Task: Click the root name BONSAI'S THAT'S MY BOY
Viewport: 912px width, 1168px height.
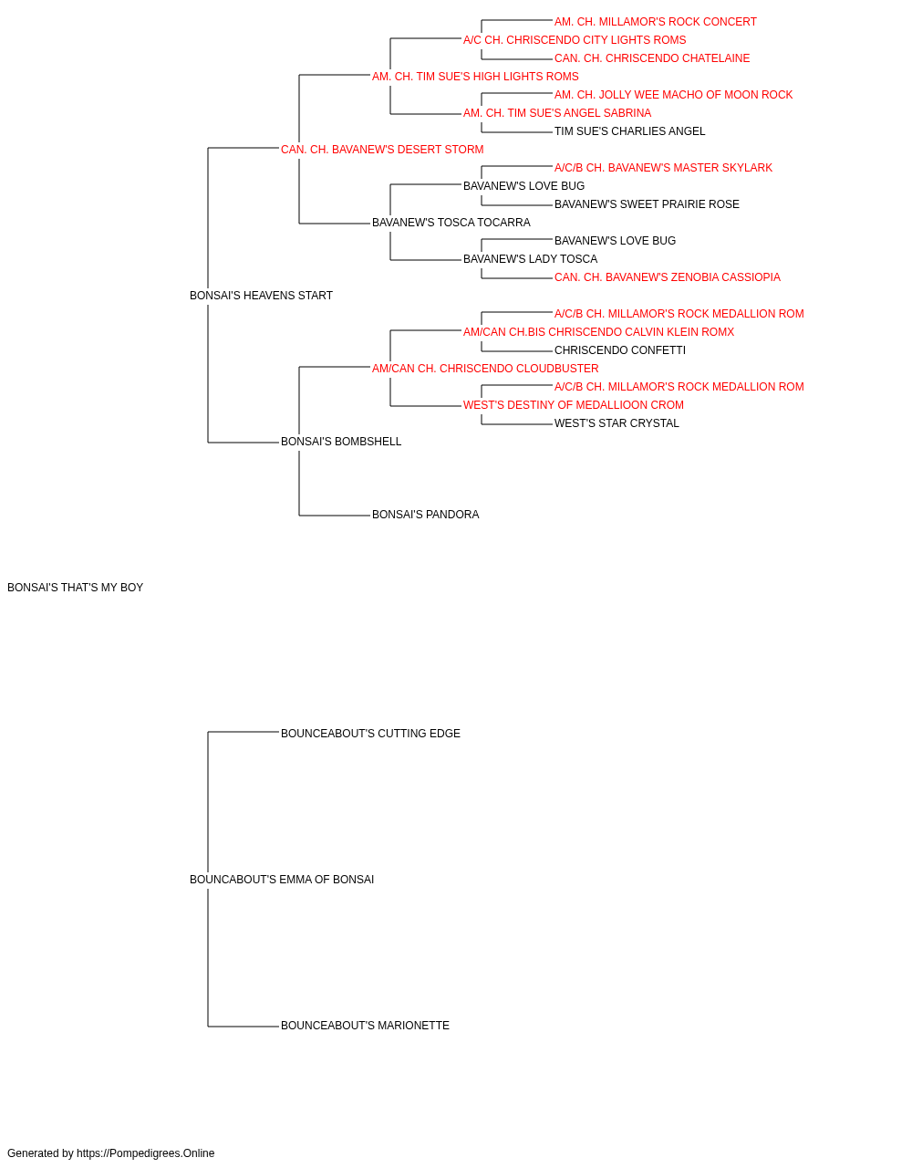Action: point(75,588)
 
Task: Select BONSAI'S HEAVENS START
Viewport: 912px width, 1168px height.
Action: point(261,296)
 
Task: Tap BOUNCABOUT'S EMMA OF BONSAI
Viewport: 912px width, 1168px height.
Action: point(282,880)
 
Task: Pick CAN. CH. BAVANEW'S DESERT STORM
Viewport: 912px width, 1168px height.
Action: point(382,150)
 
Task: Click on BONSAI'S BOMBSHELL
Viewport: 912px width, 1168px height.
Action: point(341,442)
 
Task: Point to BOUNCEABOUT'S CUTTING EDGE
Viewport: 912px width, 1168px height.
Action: point(370,734)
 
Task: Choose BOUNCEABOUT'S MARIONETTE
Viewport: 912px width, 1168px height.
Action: point(365,1026)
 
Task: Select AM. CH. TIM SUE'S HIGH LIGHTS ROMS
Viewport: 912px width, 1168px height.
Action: point(475,77)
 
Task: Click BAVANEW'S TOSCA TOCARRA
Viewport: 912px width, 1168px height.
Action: point(451,223)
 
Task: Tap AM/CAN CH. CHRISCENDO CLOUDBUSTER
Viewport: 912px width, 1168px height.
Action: point(485,369)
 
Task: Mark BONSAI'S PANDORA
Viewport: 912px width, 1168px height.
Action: point(425,515)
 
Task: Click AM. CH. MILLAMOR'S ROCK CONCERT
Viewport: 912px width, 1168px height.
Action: point(655,22)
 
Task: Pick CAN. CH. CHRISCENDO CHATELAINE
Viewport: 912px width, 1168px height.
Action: point(652,58)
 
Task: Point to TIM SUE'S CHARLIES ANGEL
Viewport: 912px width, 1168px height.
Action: point(629,131)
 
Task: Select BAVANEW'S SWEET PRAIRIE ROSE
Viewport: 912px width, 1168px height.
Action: point(647,204)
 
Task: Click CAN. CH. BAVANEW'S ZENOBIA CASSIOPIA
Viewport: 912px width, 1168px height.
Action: point(667,277)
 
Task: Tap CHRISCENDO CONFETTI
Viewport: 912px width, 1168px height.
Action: point(620,350)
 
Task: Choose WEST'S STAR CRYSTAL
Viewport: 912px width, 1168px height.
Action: point(617,423)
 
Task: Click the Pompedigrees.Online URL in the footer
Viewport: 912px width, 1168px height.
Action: point(146,1153)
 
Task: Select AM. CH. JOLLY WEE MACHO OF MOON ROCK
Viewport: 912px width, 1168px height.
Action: point(674,95)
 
